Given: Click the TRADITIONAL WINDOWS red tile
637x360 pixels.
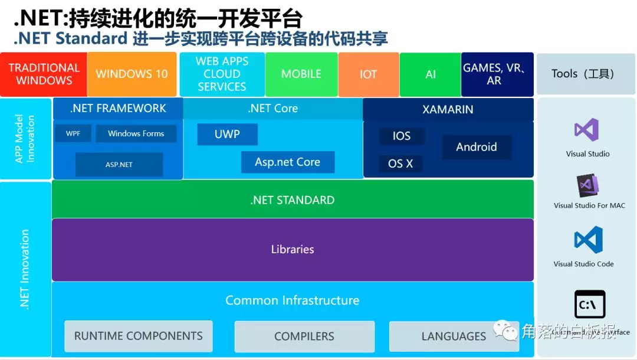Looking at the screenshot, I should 44,74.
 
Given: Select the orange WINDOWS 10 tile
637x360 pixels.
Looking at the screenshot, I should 132,74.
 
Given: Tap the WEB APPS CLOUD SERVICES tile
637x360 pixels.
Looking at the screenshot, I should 222,74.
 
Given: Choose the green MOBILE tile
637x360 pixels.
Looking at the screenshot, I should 301,74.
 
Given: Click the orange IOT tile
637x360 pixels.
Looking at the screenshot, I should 369,74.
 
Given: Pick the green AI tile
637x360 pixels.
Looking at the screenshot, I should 431,74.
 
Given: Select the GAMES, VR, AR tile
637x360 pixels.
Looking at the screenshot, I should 497,74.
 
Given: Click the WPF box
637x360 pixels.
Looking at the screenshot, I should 73,133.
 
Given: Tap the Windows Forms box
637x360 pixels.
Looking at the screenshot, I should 136,133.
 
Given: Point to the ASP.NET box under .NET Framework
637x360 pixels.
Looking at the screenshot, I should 119,165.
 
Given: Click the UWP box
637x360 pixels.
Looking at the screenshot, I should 227,134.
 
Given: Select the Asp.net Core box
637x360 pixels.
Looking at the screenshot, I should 288,162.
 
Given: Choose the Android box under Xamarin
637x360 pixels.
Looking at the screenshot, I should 477,147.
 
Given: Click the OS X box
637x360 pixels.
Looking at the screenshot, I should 400,164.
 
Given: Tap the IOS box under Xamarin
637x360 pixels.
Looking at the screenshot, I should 402,136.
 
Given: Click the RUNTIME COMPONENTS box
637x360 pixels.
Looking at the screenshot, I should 139,336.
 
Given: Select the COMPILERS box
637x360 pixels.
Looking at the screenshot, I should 304,336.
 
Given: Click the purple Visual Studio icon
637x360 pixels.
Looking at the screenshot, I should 587,130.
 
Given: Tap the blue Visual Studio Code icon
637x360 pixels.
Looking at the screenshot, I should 589,240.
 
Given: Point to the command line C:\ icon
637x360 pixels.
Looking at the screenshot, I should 590,305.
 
